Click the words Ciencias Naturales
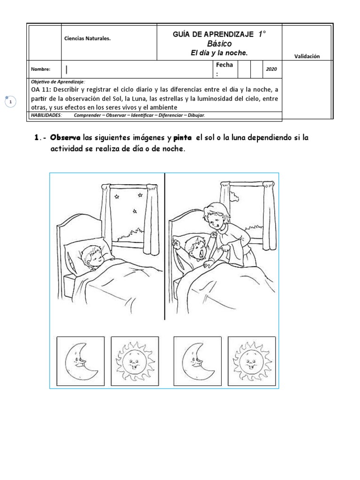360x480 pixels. (x=87, y=38)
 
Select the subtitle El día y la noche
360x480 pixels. (x=219, y=53)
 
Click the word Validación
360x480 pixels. (x=307, y=56)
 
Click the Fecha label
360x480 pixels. (x=224, y=65)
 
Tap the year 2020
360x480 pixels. (x=271, y=69)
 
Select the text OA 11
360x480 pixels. (x=41, y=90)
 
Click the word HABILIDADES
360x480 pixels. (x=46, y=115)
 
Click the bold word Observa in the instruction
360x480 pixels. (x=66, y=138)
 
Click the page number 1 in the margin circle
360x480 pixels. (x=10, y=102)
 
